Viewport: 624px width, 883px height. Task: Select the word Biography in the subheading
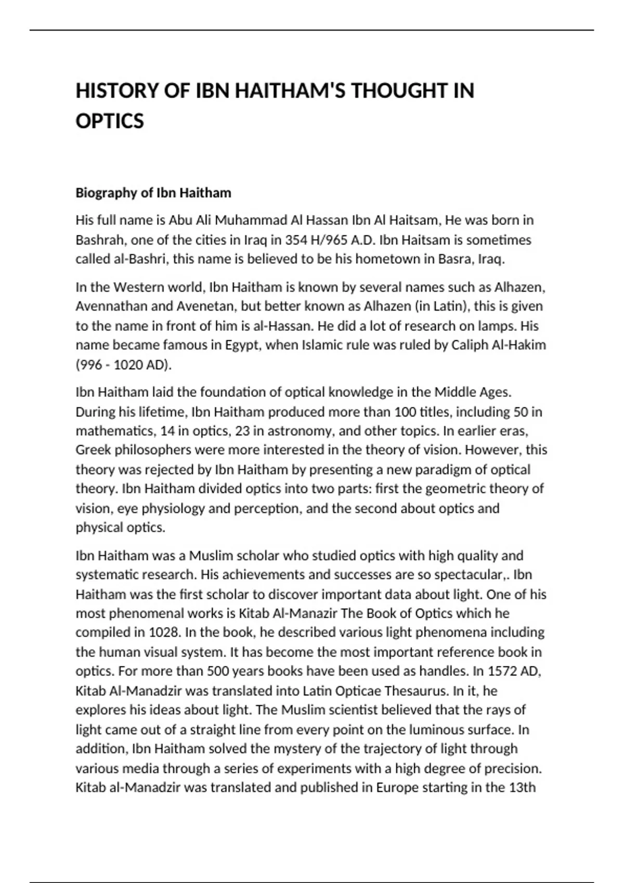point(107,193)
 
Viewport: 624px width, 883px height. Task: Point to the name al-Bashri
point(141,259)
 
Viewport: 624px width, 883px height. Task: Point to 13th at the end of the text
point(522,788)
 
